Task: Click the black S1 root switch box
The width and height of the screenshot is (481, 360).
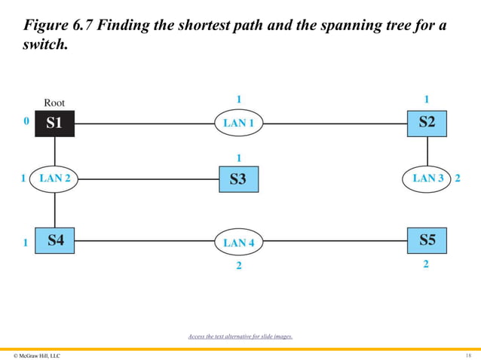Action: click(54, 123)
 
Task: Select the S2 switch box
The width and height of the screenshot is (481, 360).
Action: click(427, 123)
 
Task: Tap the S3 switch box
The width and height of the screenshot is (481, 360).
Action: click(238, 178)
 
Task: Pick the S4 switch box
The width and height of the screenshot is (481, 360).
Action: click(55, 241)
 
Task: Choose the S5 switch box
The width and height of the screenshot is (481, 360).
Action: click(427, 241)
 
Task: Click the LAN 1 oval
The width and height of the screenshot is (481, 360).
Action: click(238, 123)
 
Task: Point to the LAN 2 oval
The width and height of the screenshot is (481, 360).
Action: click(55, 178)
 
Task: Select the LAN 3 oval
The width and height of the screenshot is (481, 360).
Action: click(427, 178)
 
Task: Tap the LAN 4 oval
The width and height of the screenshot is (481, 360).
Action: click(238, 243)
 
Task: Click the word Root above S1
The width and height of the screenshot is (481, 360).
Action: click(54, 102)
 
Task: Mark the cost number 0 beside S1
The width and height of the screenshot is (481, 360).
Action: click(26, 121)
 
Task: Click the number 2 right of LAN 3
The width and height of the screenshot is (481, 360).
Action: click(458, 178)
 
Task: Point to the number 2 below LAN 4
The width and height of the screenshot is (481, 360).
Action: click(238, 265)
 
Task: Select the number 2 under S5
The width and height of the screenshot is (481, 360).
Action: click(427, 264)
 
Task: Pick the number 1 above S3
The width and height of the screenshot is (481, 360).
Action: click(238, 158)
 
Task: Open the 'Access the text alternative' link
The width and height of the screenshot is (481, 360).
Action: click(240, 336)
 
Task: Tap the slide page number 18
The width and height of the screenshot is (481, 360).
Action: click(468, 354)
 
